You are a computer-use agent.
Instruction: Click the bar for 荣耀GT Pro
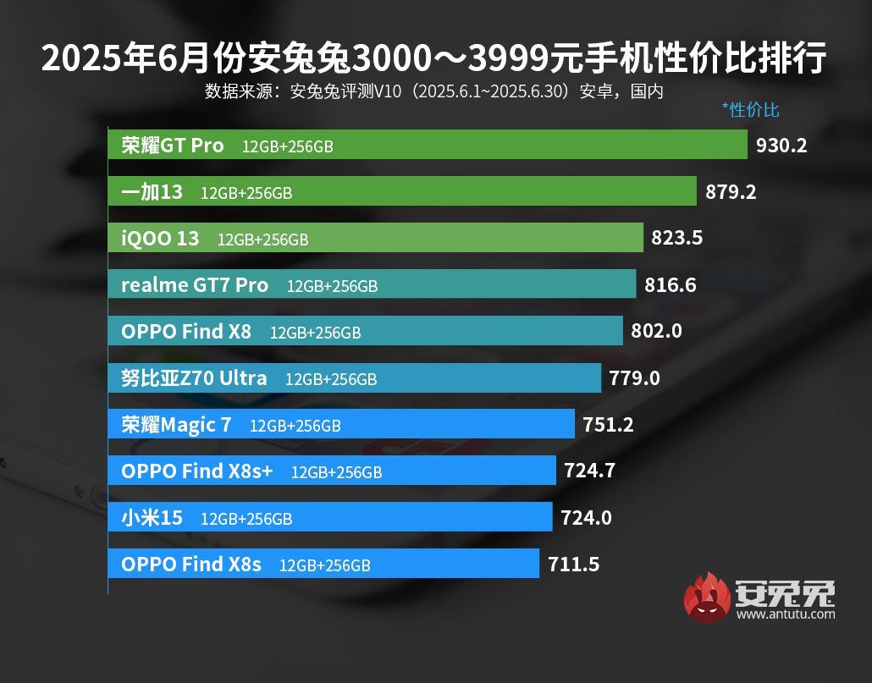[428, 145]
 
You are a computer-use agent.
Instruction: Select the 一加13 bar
[402, 191]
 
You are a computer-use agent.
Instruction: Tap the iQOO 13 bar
[376, 238]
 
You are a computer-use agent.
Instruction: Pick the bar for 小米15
[330, 517]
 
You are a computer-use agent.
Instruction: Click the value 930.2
[781, 146]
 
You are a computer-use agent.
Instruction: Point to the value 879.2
[731, 192]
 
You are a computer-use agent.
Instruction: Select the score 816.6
[671, 285]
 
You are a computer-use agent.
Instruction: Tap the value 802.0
[656, 332]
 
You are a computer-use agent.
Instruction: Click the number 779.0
[634, 378]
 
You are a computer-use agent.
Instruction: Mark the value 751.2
[608, 425]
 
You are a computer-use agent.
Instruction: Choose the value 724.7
[589, 471]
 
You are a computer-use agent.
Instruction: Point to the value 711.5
[573, 564]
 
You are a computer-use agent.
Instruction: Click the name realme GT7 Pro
[195, 285]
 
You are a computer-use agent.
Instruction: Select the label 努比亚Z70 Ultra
[194, 378]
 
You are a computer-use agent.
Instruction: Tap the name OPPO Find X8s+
[196, 471]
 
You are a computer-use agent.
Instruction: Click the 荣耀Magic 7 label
[176, 425]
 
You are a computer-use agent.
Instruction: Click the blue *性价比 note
[750, 110]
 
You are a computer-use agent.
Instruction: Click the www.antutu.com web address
[785, 614]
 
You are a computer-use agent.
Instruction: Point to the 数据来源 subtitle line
[433, 91]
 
